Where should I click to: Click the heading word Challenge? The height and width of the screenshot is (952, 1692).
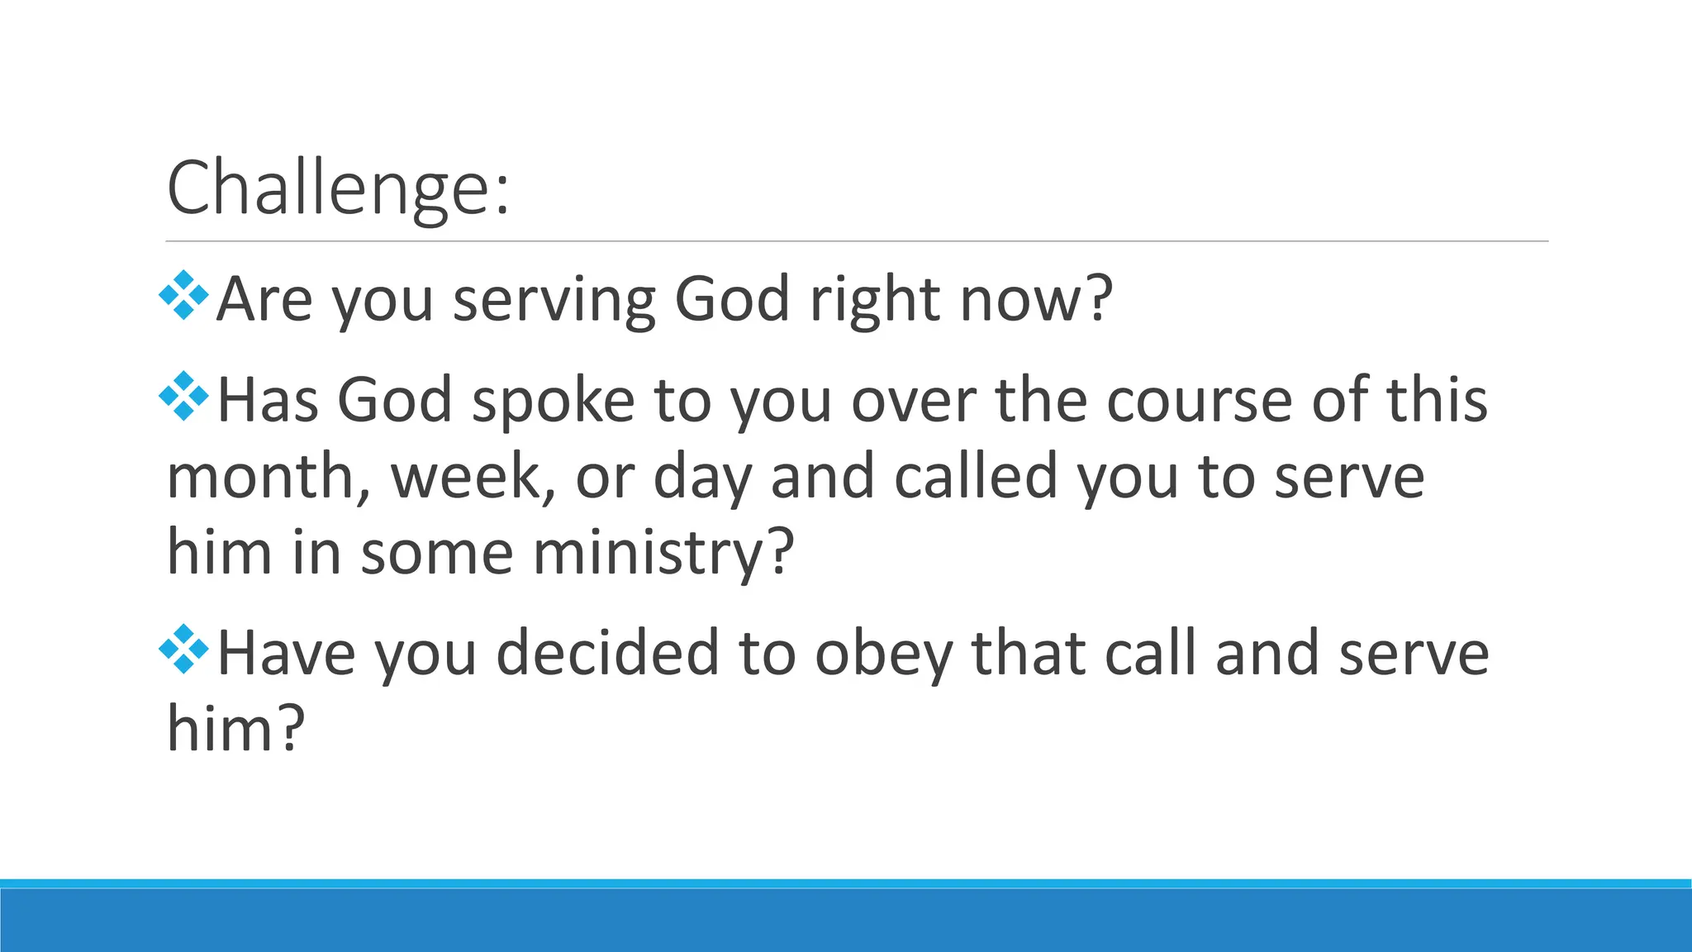click(x=338, y=188)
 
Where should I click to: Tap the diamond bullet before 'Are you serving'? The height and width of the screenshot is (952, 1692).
click(x=183, y=295)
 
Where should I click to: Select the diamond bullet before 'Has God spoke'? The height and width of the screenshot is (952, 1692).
click(x=183, y=397)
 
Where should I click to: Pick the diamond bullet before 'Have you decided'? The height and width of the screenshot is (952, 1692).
click(x=183, y=650)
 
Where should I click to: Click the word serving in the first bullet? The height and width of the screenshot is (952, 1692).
click(x=554, y=300)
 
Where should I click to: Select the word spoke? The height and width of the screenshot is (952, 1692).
click(x=553, y=402)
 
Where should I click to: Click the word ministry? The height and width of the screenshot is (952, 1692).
click(x=663, y=553)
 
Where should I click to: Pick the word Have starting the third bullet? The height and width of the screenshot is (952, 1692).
click(x=287, y=654)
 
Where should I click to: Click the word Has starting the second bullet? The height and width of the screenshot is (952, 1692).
click(x=268, y=401)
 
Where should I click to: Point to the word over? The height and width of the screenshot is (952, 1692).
click(x=914, y=402)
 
